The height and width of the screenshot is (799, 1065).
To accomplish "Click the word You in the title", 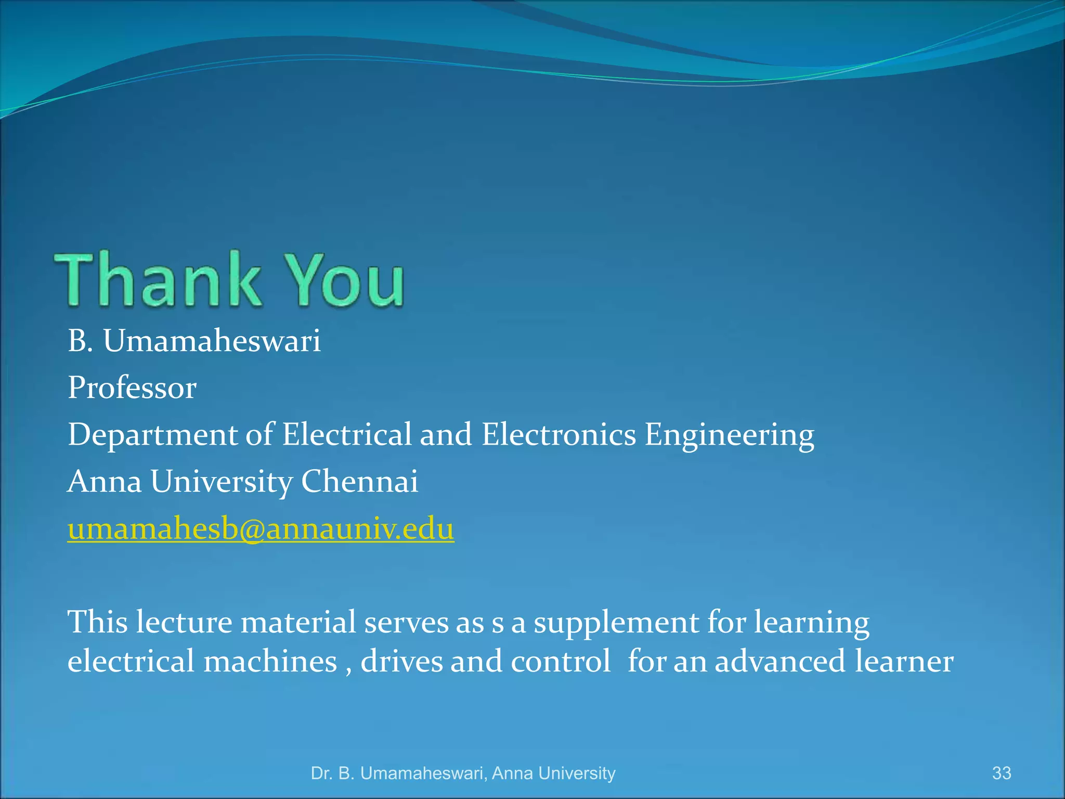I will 346,279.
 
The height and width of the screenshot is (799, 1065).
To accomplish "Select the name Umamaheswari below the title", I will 212,341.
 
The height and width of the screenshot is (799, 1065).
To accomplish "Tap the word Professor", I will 132,388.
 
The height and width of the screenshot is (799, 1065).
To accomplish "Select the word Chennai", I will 359,481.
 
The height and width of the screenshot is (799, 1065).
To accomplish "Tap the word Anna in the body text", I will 105,481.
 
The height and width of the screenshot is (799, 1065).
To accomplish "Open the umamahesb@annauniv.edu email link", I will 261,529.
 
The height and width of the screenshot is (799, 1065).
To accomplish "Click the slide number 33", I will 1002,773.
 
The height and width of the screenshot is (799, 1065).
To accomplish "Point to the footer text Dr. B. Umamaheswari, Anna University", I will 463,774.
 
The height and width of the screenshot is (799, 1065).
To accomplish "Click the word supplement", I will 616,623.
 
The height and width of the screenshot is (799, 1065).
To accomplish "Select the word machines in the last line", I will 270,662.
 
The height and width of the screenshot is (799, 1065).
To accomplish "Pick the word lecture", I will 184,622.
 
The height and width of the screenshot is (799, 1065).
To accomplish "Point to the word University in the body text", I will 222,482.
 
